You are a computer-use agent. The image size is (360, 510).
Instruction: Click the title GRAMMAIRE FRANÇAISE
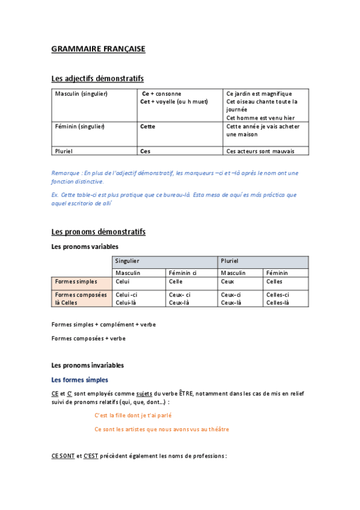pos(98,49)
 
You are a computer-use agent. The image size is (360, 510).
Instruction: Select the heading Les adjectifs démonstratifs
pos(97,79)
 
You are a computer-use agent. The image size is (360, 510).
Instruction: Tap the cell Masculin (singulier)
pos(81,94)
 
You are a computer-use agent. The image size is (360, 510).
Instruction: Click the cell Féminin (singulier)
pos(80,126)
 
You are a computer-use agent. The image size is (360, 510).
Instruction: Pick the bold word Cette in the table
pos(147,126)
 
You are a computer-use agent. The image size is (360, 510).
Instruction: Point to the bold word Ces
pos(145,151)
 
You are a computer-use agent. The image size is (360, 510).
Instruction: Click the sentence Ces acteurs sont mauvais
pos(260,151)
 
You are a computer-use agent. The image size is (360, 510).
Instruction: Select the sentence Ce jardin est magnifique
pos(259,94)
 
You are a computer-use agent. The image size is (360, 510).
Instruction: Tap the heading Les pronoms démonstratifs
pos(98,232)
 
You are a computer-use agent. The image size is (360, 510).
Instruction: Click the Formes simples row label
pos(75,281)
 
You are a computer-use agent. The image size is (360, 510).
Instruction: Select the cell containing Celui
pos(123,281)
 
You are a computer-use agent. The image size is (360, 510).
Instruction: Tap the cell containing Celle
pos(176,281)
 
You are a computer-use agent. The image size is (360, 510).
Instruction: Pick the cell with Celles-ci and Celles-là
pos(278,298)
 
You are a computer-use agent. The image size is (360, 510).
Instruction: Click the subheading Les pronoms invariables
pos(88,365)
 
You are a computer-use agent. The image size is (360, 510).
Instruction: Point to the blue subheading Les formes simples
pos(80,379)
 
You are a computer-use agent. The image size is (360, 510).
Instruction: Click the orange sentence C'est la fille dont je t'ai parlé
pos(137,415)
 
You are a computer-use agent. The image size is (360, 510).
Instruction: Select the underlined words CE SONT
pos(63,456)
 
